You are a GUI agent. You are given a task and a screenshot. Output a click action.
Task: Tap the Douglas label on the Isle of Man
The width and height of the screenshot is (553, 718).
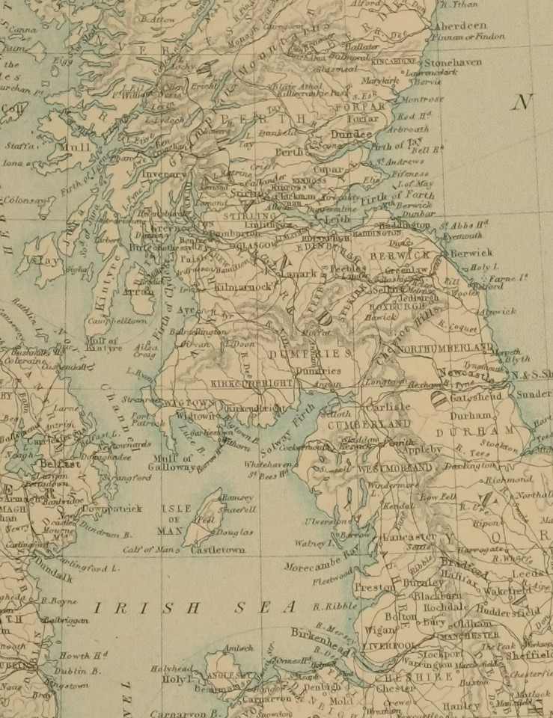pyautogui.click(x=235, y=532)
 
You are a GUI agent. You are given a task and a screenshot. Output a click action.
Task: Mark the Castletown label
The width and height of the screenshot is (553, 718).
pyautogui.click(x=219, y=550)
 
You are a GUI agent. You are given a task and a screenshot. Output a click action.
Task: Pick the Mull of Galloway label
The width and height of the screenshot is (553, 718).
pyautogui.click(x=169, y=463)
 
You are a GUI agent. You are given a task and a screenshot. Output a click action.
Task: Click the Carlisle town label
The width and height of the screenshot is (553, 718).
pyautogui.click(x=388, y=407)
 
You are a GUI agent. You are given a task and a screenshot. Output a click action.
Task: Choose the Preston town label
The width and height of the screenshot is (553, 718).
pyautogui.click(x=373, y=588)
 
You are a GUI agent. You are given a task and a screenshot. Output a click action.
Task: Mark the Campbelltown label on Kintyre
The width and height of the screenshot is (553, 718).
pyautogui.click(x=122, y=319)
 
